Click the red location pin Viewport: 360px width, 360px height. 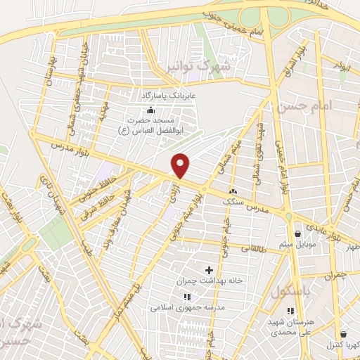coord(181,165)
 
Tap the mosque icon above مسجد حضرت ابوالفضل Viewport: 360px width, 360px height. coord(150,110)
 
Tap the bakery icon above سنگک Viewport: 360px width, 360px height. coord(233,190)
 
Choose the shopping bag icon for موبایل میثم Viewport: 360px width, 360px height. coord(298,233)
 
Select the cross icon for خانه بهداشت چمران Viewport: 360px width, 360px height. coord(209,269)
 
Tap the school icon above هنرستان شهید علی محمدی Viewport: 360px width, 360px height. coord(290,311)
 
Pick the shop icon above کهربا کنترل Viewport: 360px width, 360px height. coord(343,335)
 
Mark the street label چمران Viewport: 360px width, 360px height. coord(337,276)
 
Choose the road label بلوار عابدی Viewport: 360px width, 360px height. coord(323,226)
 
